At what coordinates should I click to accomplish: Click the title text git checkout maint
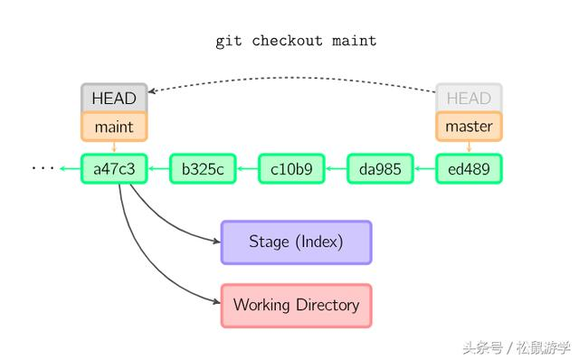coord(296,41)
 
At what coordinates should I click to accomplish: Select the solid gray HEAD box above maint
coord(114,98)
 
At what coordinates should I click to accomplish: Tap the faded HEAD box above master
coord(469,98)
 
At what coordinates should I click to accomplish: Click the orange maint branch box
coord(114,127)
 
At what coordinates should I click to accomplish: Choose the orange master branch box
coord(469,127)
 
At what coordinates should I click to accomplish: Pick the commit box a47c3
coord(114,169)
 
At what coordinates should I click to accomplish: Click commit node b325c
coord(203,169)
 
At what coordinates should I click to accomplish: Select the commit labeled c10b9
coord(291,169)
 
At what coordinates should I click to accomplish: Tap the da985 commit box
coord(380,169)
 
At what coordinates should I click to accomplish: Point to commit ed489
coord(469,169)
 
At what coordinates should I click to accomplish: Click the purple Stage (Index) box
coord(296,242)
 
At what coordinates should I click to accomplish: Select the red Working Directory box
coord(296,305)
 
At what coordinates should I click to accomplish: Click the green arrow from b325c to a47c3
coord(158,169)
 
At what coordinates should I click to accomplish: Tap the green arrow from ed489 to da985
coord(424,169)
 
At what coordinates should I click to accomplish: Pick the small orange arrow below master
coord(469,147)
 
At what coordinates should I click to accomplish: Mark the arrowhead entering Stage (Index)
coord(216,242)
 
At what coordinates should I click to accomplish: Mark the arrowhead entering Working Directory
coord(216,305)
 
